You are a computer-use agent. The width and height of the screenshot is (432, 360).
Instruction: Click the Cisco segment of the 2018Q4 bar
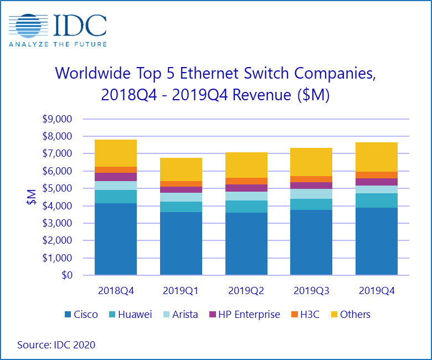(116, 239)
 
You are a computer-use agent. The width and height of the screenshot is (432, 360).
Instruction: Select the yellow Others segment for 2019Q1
(181, 169)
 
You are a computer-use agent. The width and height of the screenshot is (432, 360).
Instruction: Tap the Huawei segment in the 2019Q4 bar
(377, 200)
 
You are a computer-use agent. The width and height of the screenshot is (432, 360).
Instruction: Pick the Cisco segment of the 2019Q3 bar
(312, 242)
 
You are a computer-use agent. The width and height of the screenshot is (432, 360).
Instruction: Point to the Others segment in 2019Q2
(246, 165)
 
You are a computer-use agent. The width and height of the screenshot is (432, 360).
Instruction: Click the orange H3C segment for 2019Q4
(377, 175)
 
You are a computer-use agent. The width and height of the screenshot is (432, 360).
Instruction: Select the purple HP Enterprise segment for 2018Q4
(116, 177)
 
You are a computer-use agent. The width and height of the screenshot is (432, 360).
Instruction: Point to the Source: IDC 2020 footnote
(56, 344)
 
